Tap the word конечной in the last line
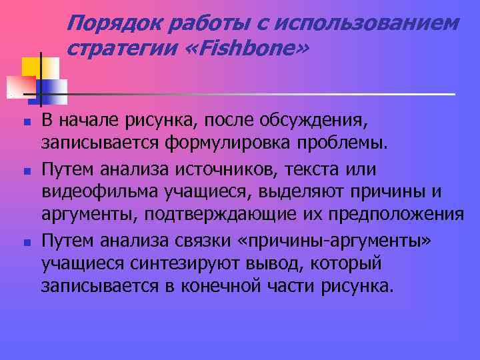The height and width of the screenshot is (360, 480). click(228, 287)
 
